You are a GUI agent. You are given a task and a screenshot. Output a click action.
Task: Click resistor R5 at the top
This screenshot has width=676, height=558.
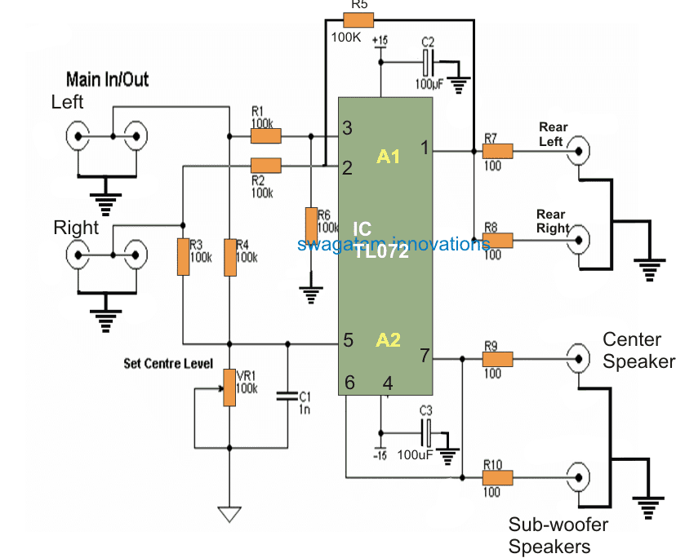(358, 20)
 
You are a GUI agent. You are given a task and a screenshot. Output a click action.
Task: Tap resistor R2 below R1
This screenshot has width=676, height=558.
(265, 166)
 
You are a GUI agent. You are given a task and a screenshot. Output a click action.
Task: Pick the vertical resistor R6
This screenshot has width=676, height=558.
(311, 225)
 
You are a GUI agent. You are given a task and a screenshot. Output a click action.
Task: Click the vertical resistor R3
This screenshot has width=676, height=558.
(183, 257)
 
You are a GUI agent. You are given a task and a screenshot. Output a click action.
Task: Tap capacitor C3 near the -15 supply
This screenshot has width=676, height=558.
(427, 432)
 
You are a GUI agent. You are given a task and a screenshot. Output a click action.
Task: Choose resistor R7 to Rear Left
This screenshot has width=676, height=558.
(497, 151)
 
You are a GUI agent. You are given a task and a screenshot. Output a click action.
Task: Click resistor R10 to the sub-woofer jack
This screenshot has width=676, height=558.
(497, 477)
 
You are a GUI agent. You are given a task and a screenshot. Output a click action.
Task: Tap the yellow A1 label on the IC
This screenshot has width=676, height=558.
(389, 156)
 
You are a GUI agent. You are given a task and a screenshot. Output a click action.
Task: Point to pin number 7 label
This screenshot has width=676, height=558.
(425, 356)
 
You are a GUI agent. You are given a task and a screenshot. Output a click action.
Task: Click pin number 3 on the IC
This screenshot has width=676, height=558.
(347, 128)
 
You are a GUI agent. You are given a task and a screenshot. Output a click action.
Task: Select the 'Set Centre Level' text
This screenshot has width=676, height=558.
(168, 362)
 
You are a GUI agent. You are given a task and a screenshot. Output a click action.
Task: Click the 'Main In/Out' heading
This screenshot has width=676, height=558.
(107, 79)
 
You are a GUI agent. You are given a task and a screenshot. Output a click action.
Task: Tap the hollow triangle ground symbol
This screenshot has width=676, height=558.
(229, 514)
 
